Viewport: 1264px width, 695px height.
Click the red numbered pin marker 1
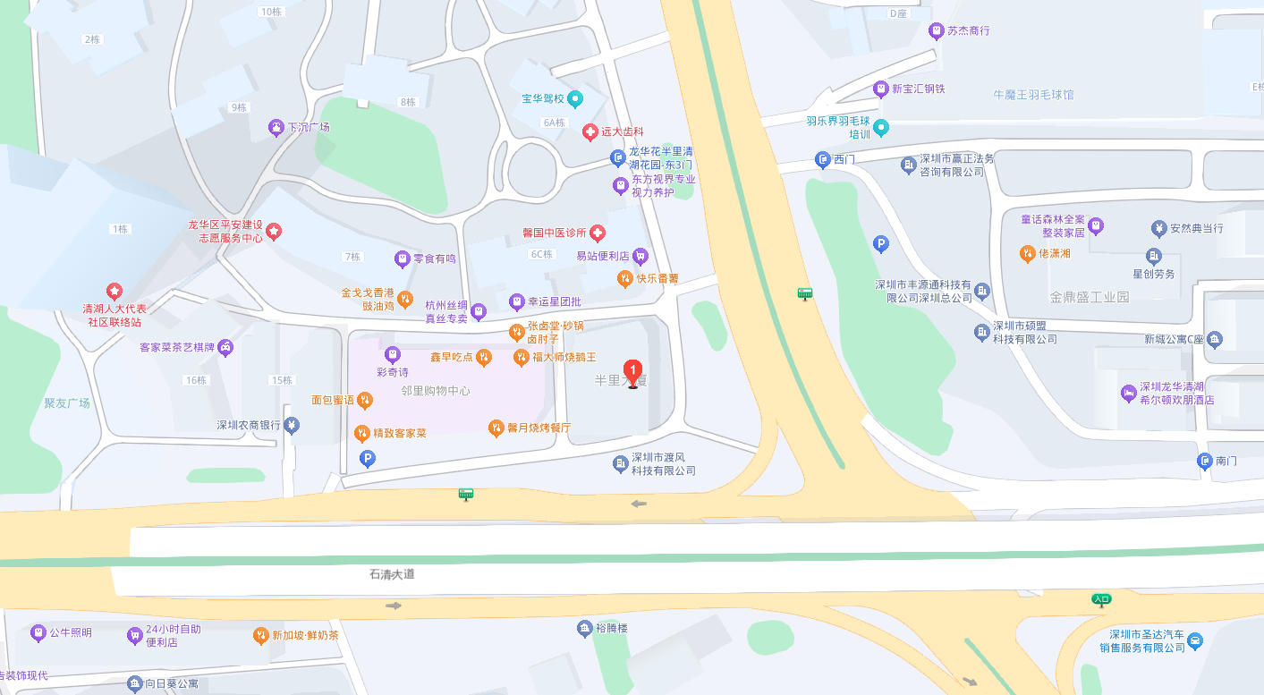tap(633, 371)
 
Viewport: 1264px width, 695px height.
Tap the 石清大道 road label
tap(392, 574)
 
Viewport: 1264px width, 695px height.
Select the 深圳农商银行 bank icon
tap(292, 426)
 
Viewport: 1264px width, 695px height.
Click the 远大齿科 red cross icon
tap(590, 132)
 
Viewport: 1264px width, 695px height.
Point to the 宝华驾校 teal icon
tap(575, 98)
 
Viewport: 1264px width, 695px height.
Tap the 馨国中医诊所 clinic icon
tap(597, 233)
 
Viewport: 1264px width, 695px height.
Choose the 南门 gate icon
tap(1204, 462)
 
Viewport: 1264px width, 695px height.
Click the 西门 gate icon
tap(822, 160)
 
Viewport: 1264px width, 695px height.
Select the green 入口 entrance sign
tap(1101, 598)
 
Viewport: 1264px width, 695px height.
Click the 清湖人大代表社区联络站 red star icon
tap(115, 291)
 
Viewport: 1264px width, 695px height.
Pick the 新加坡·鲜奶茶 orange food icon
tap(260, 635)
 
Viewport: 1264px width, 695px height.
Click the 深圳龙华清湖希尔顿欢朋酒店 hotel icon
tap(1129, 393)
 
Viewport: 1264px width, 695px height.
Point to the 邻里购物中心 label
tap(436, 391)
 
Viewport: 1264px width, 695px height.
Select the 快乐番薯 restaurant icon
tap(625, 279)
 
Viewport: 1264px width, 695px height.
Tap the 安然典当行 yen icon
tap(1160, 228)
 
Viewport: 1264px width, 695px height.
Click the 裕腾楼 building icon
tap(584, 628)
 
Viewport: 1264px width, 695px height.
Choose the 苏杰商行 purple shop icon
tap(937, 31)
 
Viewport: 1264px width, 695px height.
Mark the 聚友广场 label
tap(67, 403)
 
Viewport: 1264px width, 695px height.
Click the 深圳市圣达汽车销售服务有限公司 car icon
tap(1195, 640)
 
